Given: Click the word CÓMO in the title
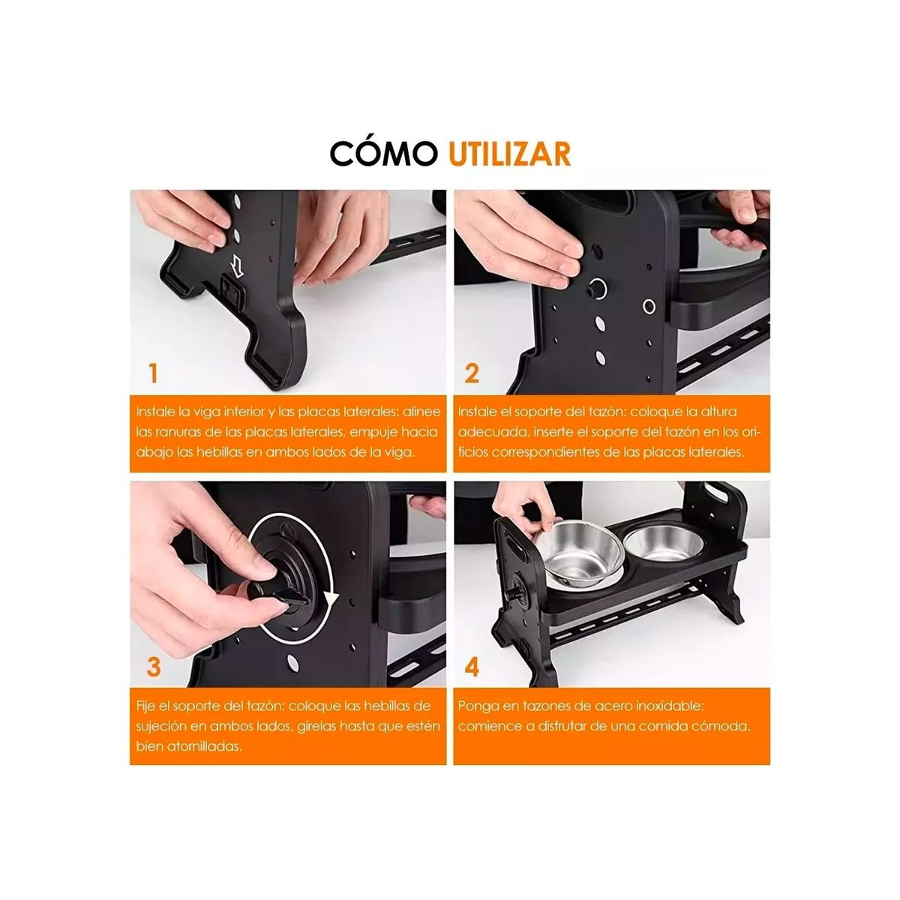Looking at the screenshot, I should [382, 153].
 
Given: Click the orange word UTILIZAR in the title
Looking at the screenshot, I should [510, 153].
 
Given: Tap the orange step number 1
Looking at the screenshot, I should [153, 373].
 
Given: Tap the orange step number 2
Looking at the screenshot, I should [472, 373].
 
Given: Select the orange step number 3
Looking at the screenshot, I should [153, 666].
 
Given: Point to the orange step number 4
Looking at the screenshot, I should [472, 666].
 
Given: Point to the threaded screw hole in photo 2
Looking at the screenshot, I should [598, 288].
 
